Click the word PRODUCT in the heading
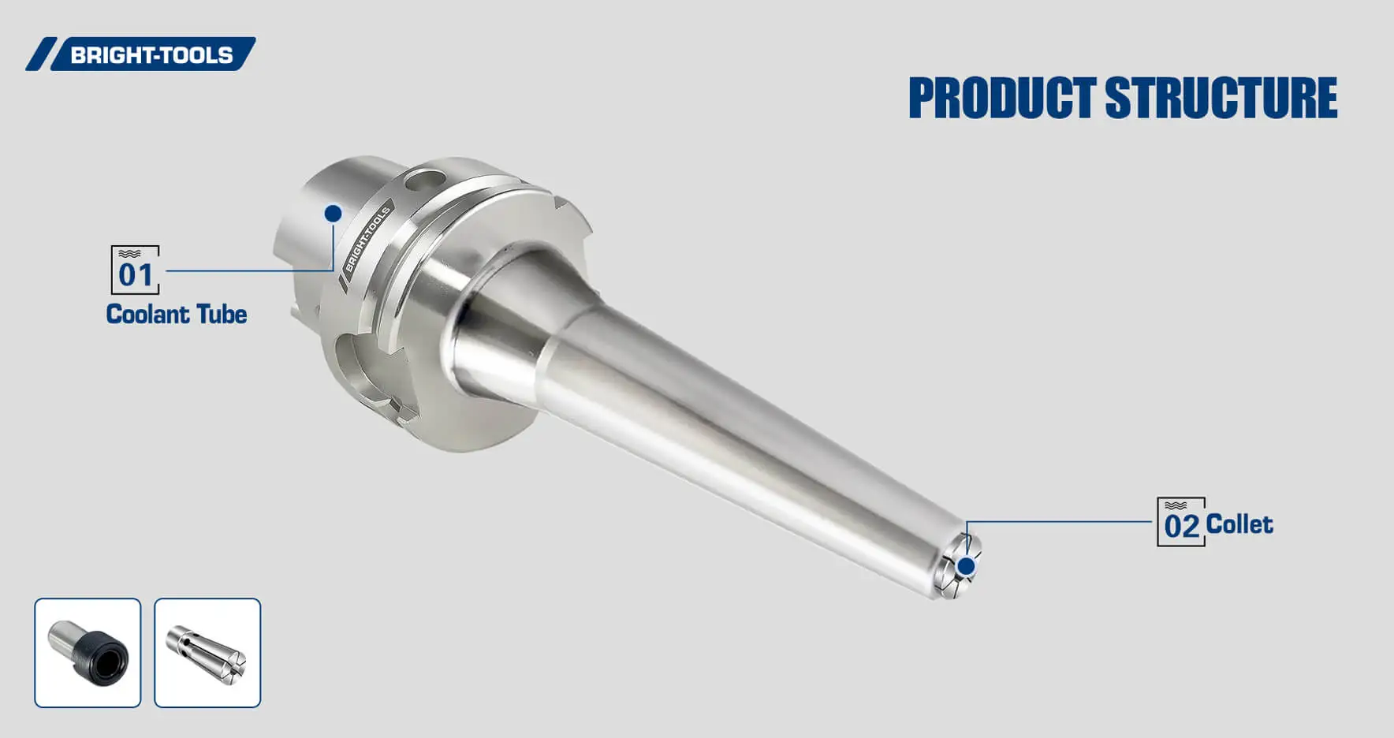[1001, 99]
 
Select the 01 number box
[135, 270]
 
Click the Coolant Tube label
[177, 314]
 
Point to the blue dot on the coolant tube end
[333, 213]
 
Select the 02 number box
[1180, 522]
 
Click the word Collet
[1239, 524]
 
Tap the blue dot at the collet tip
[966, 565]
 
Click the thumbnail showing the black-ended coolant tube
[88, 653]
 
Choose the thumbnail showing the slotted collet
[207, 653]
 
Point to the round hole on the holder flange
[423, 181]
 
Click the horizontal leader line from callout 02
[1060, 521]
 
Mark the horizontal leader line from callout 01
[248, 270]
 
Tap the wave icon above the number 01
[129, 254]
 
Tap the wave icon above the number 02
[1175, 505]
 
